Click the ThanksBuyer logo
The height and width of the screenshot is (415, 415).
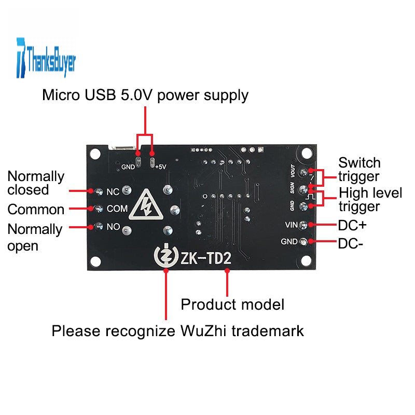coord(46,58)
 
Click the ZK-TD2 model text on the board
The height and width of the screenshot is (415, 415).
coord(205,257)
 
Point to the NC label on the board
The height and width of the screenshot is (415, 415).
coord(113,191)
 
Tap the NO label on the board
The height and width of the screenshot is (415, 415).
coord(113,227)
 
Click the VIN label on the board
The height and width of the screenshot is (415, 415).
coord(290,225)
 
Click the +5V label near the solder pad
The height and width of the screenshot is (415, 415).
coord(160,167)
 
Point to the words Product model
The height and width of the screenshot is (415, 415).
coord(232,304)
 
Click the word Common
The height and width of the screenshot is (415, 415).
coord(36,210)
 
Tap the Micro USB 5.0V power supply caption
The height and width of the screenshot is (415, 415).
coord(145,95)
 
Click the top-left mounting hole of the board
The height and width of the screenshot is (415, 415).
coord(95,154)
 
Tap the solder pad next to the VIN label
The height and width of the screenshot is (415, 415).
coord(311,225)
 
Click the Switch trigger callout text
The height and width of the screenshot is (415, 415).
coord(359,170)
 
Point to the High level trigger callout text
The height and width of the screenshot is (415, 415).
coord(370,200)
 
